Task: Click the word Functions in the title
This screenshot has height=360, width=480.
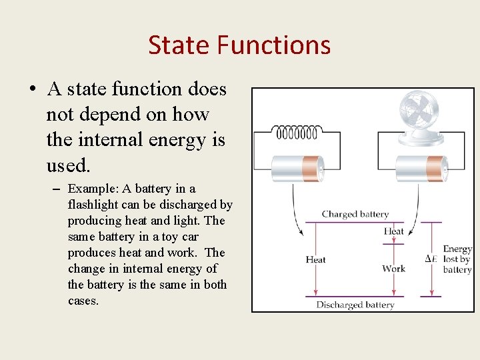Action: [x=273, y=45]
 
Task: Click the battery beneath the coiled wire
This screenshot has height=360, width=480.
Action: [x=297, y=167]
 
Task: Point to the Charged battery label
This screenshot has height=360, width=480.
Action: [x=355, y=214]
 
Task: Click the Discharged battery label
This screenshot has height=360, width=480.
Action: [x=355, y=305]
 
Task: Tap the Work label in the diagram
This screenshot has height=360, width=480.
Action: [x=393, y=269]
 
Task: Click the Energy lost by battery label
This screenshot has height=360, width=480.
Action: [x=457, y=259]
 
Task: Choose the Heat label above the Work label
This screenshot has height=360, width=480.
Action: [x=393, y=231]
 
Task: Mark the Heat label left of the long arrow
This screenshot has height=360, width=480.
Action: [x=315, y=259]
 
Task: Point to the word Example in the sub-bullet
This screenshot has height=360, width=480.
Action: [x=92, y=189]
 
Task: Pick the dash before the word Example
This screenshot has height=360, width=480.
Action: [x=57, y=189]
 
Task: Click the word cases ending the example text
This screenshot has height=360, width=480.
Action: [x=83, y=301]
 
